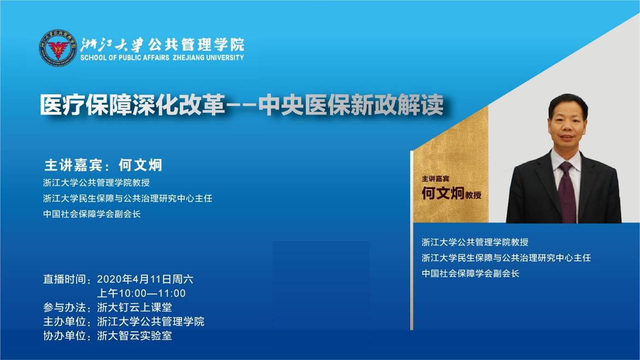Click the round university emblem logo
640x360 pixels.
58,48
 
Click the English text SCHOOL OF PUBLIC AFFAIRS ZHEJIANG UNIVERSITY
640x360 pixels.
162,58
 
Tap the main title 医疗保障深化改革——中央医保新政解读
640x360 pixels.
242,105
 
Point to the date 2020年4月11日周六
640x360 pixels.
145,279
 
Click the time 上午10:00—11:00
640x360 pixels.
141,293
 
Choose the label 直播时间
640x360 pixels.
64,279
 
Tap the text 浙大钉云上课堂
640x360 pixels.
134,307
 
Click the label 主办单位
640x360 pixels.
64,321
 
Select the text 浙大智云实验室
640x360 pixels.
134,336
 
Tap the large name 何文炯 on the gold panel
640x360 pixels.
442,193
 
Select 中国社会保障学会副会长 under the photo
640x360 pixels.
470,273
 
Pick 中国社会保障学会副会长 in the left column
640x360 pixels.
92,214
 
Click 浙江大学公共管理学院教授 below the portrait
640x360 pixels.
475,242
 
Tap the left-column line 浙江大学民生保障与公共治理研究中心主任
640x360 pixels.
128,198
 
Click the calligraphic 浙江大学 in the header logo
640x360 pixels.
112,45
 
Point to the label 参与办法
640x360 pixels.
64,307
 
